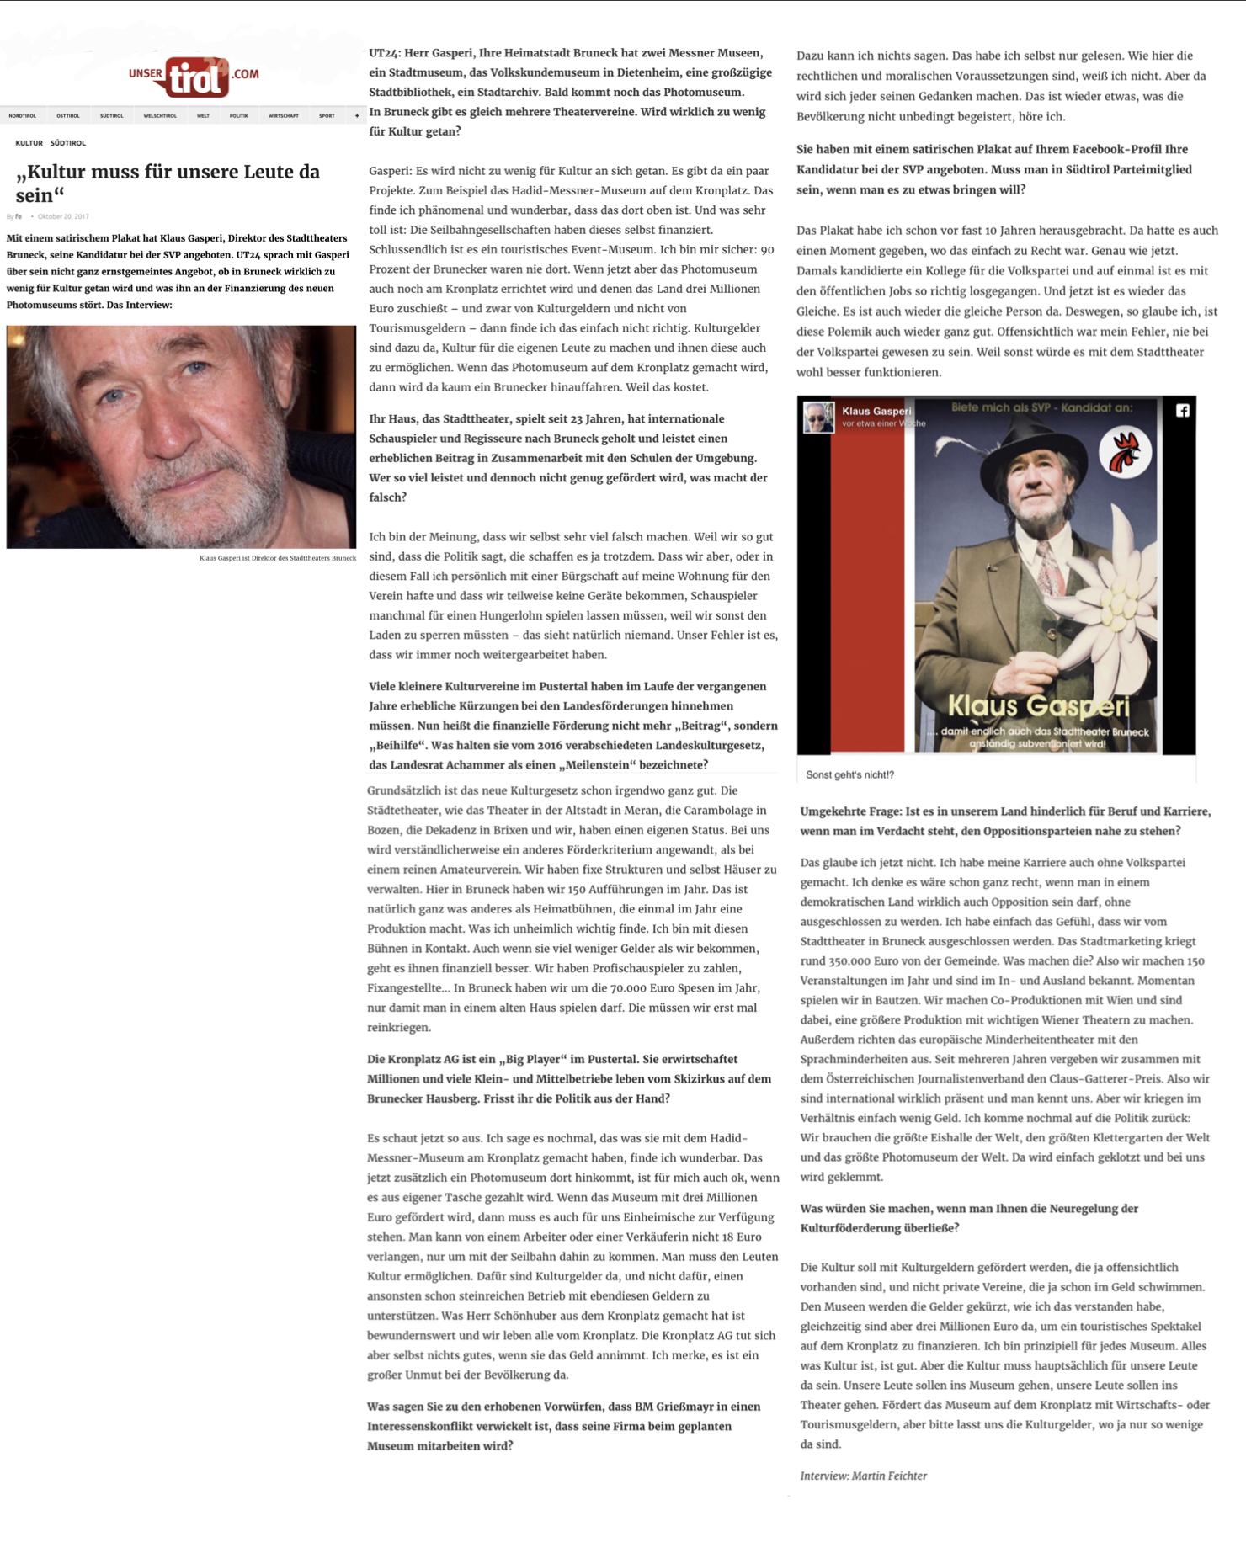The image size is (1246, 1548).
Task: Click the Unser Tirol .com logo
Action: [194, 77]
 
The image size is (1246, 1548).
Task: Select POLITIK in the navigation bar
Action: [239, 116]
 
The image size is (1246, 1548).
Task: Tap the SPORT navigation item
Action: [327, 116]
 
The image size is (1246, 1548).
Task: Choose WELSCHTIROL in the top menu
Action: [160, 116]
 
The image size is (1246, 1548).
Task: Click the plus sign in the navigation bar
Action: [357, 116]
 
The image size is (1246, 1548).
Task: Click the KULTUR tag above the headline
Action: [29, 143]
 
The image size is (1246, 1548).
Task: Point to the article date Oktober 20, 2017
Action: [63, 216]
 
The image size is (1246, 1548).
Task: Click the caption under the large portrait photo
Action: [277, 558]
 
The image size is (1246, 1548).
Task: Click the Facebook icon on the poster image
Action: [1183, 411]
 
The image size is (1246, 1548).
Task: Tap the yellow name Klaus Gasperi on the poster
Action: [1038, 706]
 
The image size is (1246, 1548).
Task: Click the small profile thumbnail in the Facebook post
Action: [817, 418]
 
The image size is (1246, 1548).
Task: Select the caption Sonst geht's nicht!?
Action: [849, 774]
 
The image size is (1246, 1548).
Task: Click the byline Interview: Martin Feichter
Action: [863, 1476]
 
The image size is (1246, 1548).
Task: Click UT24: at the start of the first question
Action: [386, 53]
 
